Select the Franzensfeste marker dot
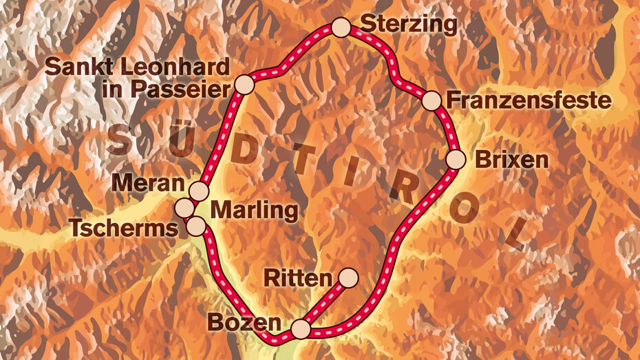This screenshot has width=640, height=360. [431, 100]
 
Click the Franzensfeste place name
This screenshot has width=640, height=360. [529, 100]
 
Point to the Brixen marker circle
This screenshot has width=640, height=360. [456, 160]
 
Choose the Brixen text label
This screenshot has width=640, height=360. [512, 160]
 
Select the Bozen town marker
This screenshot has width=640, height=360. [301, 329]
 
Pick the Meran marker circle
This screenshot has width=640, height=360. [199, 191]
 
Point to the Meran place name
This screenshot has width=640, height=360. [150, 184]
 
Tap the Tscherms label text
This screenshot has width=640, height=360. [124, 228]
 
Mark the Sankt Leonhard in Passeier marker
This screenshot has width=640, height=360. [244, 85]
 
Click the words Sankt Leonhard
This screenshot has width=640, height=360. [136, 67]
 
